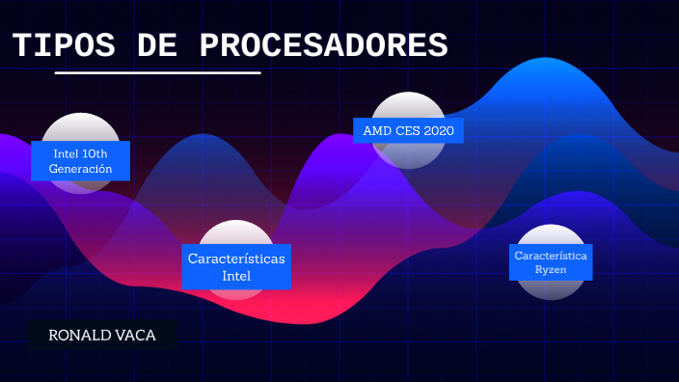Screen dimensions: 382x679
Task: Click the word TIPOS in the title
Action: point(65,44)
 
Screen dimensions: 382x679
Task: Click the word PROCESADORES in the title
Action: point(324,44)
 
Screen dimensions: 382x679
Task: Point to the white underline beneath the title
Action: point(157,72)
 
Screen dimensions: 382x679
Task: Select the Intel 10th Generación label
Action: point(81,160)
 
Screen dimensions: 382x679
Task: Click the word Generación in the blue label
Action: point(81,169)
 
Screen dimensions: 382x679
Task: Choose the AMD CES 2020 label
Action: point(408,130)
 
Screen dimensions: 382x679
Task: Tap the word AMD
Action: point(376,130)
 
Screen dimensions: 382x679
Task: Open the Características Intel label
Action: point(236,266)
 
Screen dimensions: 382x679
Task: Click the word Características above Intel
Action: point(236,259)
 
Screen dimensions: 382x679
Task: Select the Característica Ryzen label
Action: point(551,262)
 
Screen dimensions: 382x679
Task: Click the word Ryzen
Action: point(551,270)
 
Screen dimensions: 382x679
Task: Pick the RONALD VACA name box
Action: point(101,335)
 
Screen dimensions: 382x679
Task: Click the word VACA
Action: point(134,335)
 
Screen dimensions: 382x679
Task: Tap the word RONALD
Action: point(80,335)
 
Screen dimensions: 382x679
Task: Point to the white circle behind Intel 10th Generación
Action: point(81,127)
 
